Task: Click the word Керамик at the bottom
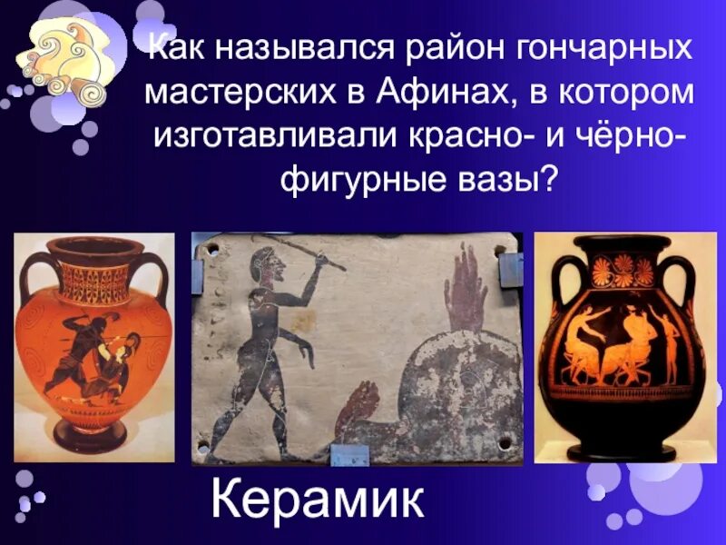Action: (317, 502)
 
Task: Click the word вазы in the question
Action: (503, 177)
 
